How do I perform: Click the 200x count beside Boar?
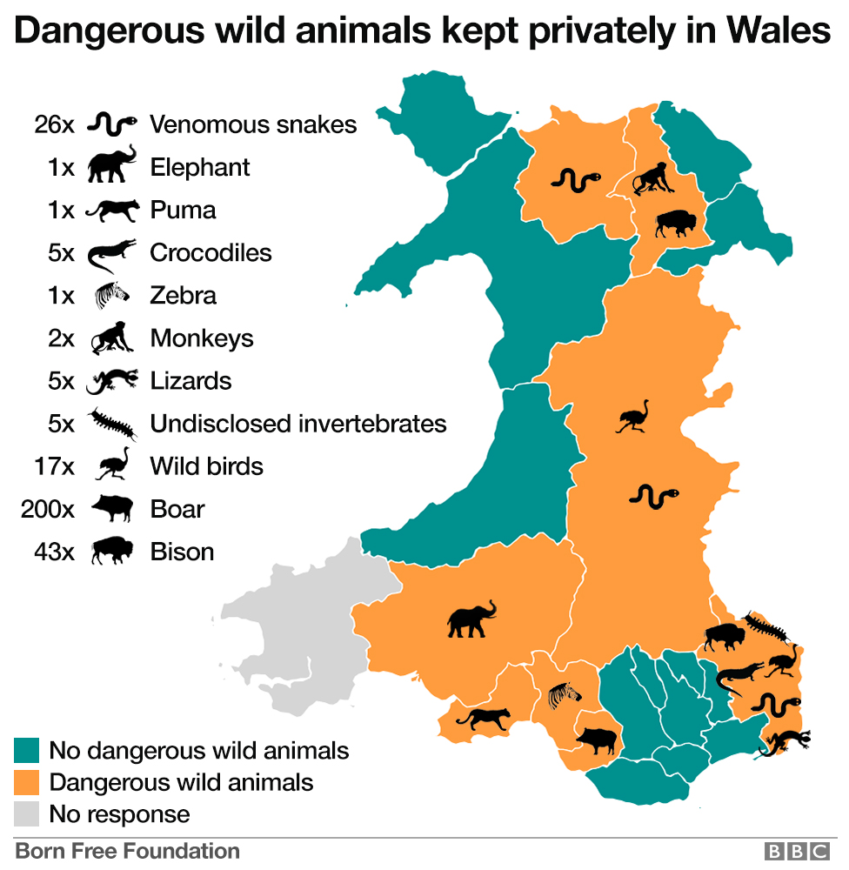[48, 509]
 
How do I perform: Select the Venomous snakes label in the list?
[253, 124]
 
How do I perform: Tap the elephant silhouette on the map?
[471, 619]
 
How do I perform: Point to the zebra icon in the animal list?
[112, 296]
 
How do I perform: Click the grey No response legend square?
[27, 814]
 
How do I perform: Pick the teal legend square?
[27, 750]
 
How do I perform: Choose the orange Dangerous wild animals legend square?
[27, 782]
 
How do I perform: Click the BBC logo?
[795, 852]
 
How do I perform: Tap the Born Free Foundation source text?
[127, 851]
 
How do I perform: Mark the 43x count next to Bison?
[54, 552]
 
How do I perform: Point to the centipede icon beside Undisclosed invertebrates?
[112, 424]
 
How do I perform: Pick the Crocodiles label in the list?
[211, 252]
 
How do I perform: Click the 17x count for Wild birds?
[54, 466]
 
